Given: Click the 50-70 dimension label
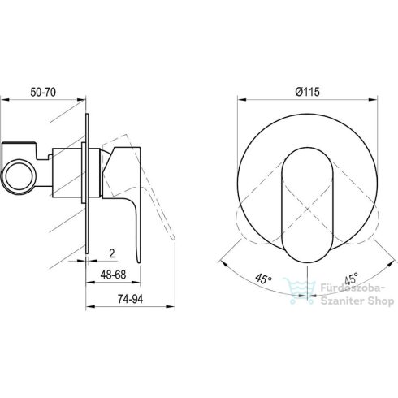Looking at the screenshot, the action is coord(43,92).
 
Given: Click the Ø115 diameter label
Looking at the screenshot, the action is coord(307,92).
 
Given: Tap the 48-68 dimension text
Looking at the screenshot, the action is coord(113,275).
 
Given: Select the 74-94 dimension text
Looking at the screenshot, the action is coord(130,299).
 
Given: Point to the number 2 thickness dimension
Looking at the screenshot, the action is coord(112,253).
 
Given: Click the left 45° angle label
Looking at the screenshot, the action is coord(263,279).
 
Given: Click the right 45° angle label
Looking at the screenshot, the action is coord(352,278).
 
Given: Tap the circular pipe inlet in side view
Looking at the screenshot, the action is coord(19,176).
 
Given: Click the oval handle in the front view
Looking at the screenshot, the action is coord(307,205).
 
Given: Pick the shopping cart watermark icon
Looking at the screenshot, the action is coord(300,291).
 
